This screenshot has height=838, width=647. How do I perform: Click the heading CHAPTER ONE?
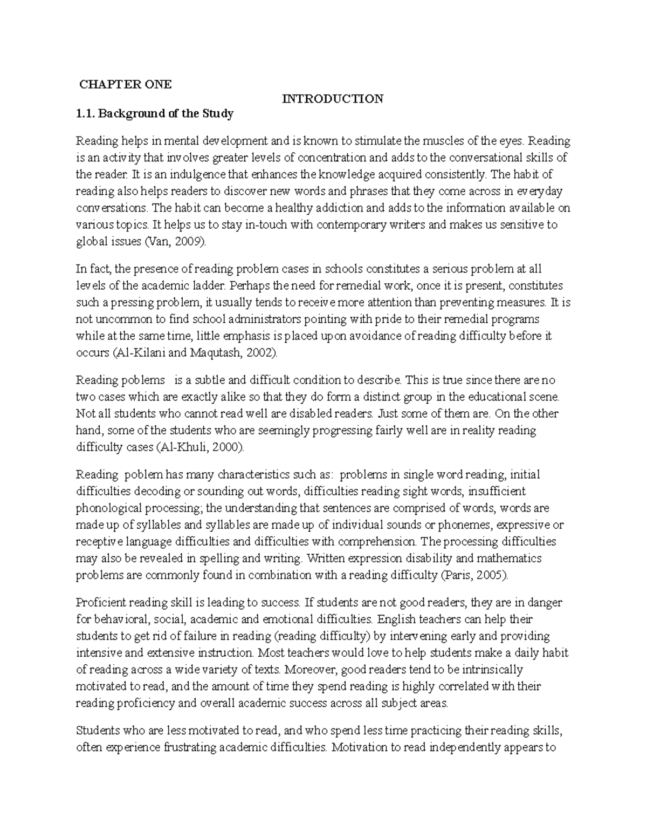[125, 84]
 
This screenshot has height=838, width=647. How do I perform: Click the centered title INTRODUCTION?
[333, 99]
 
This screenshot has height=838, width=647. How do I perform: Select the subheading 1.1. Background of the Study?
[154, 113]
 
